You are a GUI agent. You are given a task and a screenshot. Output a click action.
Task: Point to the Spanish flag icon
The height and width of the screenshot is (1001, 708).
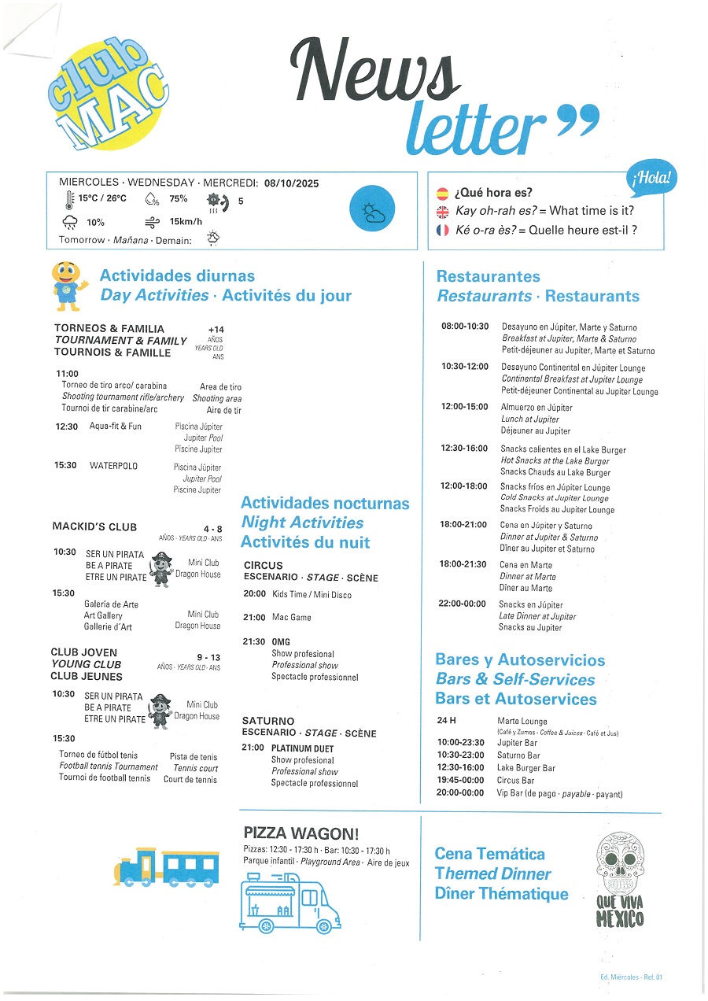443,193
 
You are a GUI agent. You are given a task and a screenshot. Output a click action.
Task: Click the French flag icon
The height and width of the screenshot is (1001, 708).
443,231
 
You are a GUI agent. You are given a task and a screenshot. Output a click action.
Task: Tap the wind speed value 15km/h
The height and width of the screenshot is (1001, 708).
186,222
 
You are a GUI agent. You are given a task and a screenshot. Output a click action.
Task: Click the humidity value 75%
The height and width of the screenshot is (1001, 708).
179,199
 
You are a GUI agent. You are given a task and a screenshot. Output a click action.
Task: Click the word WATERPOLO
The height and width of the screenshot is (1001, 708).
113,466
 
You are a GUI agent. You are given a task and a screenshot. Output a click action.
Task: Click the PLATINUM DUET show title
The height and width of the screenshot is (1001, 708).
302,748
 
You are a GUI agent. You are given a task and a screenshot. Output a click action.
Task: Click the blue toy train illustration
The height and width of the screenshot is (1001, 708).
166,866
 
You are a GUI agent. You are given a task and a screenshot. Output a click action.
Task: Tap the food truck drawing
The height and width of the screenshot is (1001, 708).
291,903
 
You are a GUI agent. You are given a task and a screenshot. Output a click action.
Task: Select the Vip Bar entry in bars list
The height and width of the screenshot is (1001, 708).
515,794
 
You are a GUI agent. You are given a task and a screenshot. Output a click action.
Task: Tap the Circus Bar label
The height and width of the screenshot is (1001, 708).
516,781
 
